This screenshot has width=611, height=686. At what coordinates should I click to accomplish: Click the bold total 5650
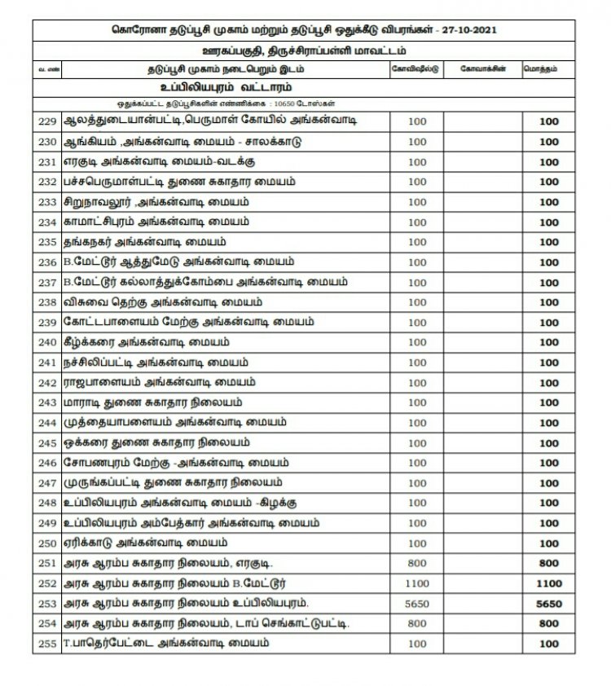549,605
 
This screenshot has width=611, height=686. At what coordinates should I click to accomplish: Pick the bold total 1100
549,584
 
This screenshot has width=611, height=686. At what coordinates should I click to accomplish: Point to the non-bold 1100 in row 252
416,584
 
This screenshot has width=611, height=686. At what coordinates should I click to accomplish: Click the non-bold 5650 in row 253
416,605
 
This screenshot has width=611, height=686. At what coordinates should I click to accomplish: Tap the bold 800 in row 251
549,564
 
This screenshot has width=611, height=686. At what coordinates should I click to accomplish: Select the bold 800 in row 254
549,624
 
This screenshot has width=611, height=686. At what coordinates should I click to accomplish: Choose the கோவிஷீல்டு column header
416,69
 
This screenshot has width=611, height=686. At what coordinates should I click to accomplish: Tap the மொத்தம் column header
549,69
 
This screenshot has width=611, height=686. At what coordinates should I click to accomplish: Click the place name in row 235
143,242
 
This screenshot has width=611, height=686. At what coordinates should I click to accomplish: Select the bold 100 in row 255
549,644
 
